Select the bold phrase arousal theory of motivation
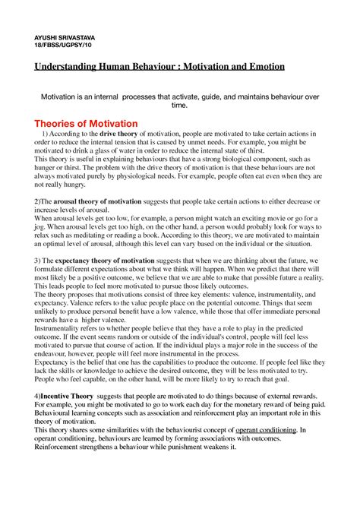click(83, 201)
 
